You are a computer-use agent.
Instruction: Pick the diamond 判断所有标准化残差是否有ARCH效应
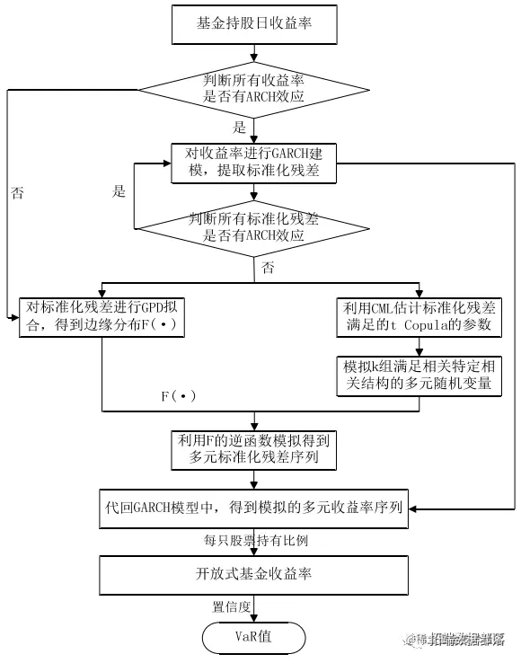tap(254, 226)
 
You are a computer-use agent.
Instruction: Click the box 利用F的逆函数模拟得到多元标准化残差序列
tap(254, 448)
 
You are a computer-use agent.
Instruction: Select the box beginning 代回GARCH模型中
tap(254, 508)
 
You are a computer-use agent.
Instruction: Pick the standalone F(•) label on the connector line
tap(178, 396)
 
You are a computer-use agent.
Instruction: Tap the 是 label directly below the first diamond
tap(240, 127)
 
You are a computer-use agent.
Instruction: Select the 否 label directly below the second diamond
tap(268, 268)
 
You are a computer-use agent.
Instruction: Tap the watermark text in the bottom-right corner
tap(459, 640)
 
